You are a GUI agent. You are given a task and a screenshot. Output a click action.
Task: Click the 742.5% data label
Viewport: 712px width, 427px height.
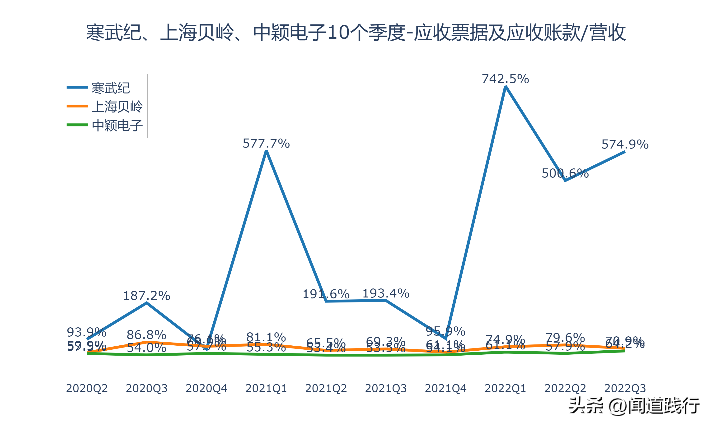pos(505,79)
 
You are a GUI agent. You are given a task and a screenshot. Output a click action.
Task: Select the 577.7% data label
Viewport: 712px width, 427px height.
pos(266,143)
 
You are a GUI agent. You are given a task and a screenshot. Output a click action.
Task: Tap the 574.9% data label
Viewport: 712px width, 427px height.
pos(625,144)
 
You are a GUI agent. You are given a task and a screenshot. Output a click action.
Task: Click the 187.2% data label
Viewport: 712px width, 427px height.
pos(146,296)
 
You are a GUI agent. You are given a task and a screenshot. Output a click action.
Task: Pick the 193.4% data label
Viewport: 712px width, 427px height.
pos(386,293)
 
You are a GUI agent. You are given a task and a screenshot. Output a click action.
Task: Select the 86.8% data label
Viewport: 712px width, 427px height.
pos(146,335)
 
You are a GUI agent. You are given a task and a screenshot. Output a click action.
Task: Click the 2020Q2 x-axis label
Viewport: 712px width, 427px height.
pos(87,388)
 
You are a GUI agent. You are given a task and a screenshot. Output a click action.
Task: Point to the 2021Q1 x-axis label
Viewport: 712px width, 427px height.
pos(266,388)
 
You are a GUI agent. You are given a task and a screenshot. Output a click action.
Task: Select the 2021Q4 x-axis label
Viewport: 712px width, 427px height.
pos(445,388)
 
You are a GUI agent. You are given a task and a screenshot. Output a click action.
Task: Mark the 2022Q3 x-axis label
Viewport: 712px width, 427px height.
pos(625,388)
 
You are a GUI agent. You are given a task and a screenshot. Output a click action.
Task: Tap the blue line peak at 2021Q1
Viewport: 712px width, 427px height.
pos(267,151)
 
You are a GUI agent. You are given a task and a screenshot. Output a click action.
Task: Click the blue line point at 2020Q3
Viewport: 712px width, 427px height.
pos(147,303)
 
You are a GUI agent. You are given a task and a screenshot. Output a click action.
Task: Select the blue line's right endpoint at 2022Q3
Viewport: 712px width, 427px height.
pos(624,152)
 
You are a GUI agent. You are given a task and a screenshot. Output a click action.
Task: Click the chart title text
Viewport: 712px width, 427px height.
pos(356,32)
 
